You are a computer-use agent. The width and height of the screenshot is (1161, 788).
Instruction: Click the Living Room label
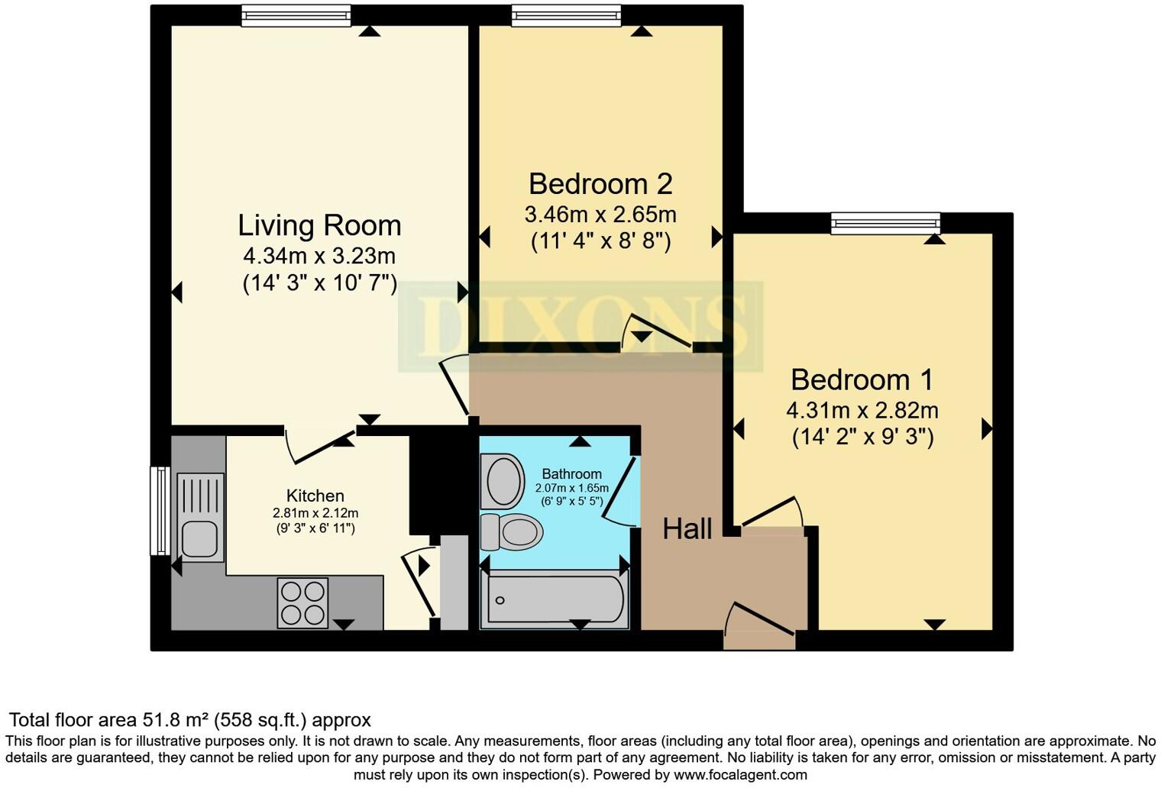point(319,225)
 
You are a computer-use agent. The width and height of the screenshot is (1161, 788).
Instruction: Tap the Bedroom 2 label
point(600,184)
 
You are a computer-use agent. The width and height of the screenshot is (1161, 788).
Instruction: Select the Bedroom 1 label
point(862,379)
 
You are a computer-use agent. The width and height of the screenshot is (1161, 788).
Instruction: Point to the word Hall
point(687,529)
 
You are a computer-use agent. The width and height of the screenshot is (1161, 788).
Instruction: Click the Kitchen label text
point(315,496)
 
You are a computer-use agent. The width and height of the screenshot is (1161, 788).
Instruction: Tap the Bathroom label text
point(571,473)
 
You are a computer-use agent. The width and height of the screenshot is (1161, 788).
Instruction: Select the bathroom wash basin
point(503,481)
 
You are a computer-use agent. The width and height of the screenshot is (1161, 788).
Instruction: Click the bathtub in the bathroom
point(554,599)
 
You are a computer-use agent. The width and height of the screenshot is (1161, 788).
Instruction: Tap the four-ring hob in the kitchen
point(302,602)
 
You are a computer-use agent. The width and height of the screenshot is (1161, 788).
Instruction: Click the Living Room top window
point(296,15)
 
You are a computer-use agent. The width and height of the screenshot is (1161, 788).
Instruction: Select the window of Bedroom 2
point(567,15)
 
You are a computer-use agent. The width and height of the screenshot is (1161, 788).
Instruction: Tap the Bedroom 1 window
point(886,223)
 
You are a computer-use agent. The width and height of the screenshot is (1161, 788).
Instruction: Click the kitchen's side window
point(160,511)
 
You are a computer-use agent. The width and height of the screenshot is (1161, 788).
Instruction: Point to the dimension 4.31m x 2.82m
point(862,410)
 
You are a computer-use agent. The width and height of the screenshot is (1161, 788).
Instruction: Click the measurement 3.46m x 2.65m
point(600,215)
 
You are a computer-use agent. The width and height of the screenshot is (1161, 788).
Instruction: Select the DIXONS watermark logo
point(580,326)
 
